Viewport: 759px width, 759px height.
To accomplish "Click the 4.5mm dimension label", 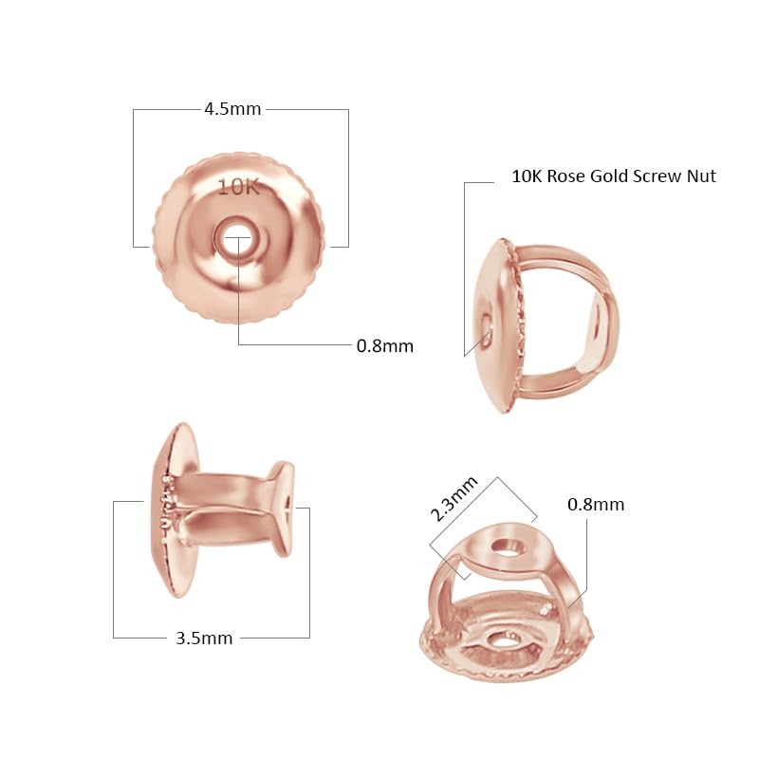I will tap(232, 109).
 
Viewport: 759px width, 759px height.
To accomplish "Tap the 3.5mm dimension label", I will tap(204, 638).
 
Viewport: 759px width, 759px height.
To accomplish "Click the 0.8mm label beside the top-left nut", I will tap(384, 346).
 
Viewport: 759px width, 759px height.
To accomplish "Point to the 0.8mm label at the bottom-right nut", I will tap(596, 505).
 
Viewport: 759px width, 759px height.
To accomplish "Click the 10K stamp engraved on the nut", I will tap(238, 187).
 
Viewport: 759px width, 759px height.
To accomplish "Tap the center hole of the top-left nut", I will tap(237, 238).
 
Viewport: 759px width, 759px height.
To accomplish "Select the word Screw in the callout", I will tap(661, 176).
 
